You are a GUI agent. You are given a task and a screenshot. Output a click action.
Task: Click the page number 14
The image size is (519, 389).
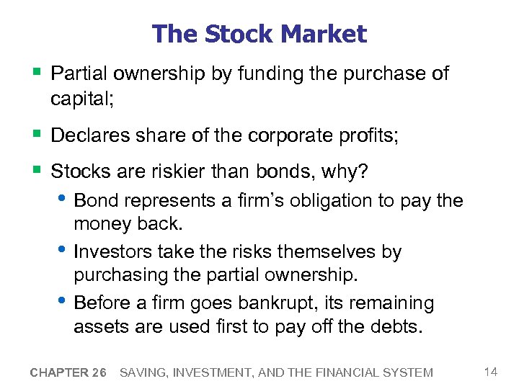(x=492, y=372)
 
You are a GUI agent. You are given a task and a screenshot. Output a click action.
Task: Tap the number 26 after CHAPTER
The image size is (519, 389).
(x=99, y=372)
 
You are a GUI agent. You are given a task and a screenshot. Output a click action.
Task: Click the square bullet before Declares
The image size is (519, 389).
(x=37, y=135)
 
